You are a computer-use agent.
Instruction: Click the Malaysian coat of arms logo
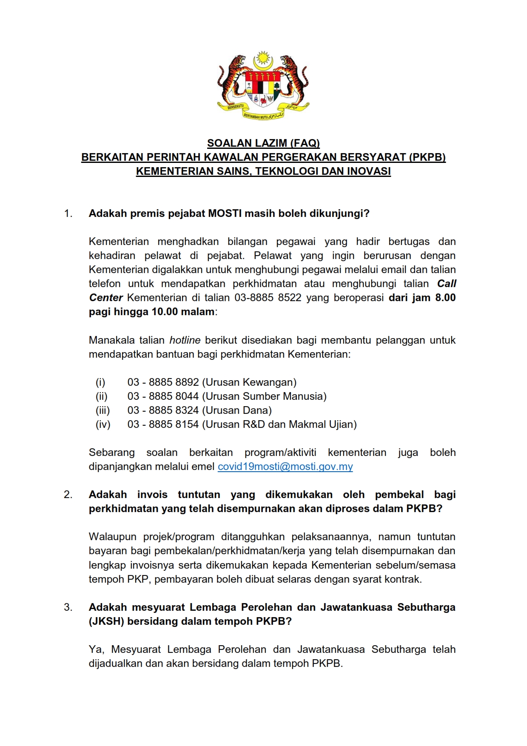pyautogui.click(x=263, y=85)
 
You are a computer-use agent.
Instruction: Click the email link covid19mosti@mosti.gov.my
pyautogui.click(x=285, y=467)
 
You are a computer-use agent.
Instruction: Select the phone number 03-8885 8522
pyautogui.click(x=268, y=298)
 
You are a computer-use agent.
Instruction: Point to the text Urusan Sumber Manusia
pyautogui.click(x=264, y=396)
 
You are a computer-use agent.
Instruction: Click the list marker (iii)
pyautogui.click(x=103, y=410)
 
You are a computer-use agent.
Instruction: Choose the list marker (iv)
pyautogui.click(x=103, y=424)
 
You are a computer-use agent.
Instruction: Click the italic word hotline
pyautogui.click(x=185, y=340)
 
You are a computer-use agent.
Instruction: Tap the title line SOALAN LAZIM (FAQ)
pyautogui.click(x=263, y=143)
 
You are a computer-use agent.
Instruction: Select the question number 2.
pyautogui.click(x=68, y=495)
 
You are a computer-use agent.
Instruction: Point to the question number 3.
pyautogui.click(x=68, y=607)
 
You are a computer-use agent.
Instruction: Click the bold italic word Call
pyautogui.click(x=447, y=284)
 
